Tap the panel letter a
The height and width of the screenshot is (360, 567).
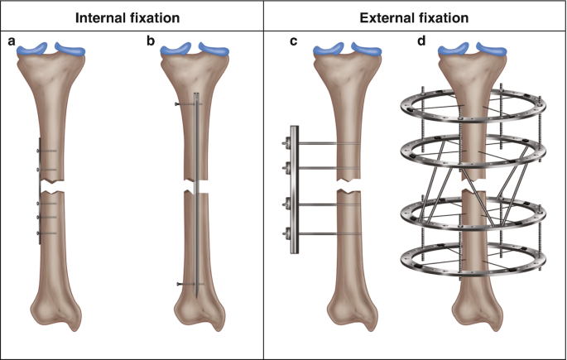click(x=12, y=41)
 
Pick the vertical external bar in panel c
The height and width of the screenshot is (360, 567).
click(x=292, y=190)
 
